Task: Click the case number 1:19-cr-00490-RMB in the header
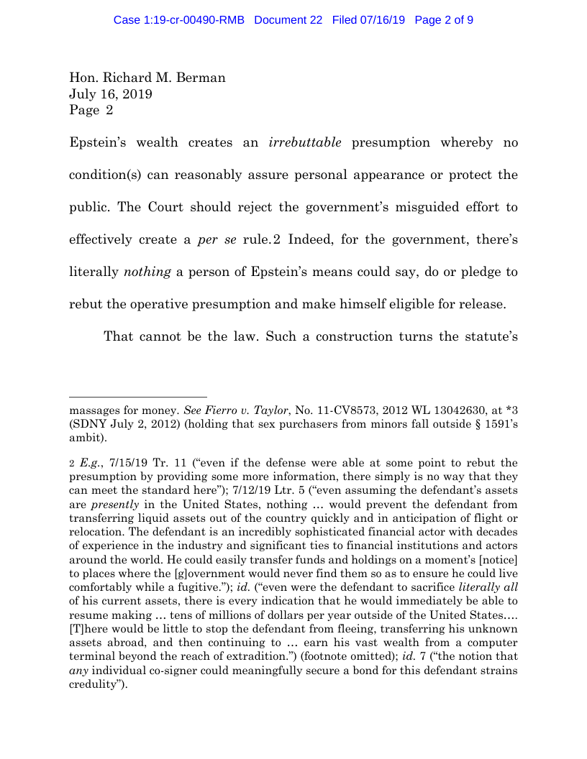tap(179, 20)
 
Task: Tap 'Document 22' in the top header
tap(288, 20)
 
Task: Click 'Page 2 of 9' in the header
tap(444, 20)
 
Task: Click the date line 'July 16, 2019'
tap(110, 94)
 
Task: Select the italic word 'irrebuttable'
tap(305, 142)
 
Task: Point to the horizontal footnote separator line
tap(137, 396)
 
